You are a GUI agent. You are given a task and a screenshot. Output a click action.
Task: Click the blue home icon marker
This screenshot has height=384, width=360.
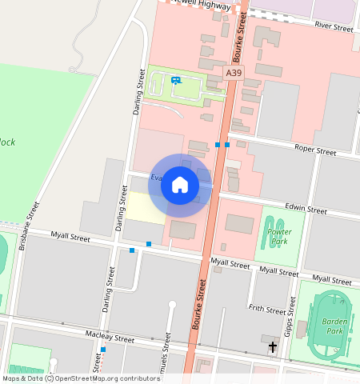coord(180,186)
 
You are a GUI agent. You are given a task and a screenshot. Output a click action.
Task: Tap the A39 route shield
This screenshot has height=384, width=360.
coord(233,73)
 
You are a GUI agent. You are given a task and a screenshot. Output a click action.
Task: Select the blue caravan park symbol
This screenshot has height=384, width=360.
coord(176,80)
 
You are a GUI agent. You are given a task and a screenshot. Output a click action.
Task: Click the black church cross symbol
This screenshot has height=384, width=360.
coord(273,346)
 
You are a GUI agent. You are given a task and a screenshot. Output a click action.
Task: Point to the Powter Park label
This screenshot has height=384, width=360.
coord(278,236)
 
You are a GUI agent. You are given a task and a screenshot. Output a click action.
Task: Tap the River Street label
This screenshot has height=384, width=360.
coord(334,27)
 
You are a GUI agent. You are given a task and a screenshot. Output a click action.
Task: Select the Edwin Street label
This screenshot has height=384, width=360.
coord(306,210)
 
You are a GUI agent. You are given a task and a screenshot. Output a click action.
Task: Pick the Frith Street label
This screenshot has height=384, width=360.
coord(266,309)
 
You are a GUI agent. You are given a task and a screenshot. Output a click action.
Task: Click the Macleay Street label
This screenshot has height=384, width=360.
coord(110,338)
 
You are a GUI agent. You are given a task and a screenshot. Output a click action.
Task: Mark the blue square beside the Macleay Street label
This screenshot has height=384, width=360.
coord(102,350)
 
